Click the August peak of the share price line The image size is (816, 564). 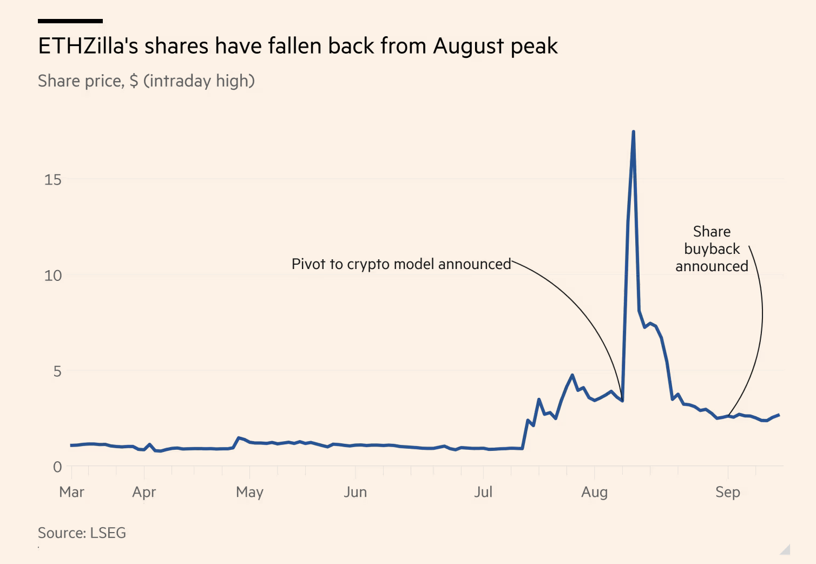(633, 132)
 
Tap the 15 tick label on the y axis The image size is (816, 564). (53, 180)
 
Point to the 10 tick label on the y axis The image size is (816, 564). (53, 276)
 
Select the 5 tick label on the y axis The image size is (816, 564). (57, 371)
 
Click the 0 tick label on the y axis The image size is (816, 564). (57, 467)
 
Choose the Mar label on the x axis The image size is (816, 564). (71, 492)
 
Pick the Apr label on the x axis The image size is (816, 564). (144, 492)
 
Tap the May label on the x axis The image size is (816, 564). (249, 492)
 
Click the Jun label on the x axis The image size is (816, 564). (356, 492)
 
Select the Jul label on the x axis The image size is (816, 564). (483, 492)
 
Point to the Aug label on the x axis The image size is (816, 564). (594, 492)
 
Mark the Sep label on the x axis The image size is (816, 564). (727, 492)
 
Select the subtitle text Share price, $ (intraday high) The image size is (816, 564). (146, 81)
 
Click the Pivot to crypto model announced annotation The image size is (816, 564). (401, 264)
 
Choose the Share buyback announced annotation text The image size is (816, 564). (712, 249)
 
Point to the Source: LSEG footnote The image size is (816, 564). (82, 533)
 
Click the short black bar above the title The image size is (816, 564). (70, 21)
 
